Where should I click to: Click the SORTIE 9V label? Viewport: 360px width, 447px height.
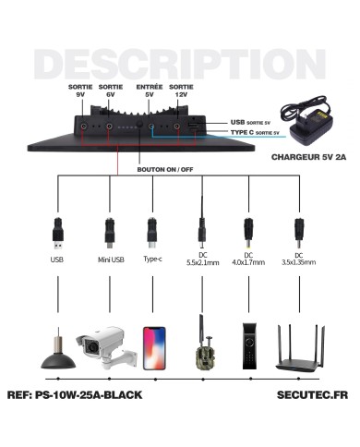(x=80, y=91)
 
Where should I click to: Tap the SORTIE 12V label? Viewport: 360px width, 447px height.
(x=181, y=91)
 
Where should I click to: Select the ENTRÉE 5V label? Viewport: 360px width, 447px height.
(x=150, y=91)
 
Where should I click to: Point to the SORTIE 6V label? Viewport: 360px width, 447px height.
(x=111, y=91)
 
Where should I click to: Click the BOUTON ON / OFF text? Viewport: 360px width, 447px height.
(x=165, y=170)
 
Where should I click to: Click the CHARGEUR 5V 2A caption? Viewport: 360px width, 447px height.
(x=308, y=157)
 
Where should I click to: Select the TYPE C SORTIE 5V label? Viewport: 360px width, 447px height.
(x=255, y=132)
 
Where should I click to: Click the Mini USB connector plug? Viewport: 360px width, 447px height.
(x=110, y=233)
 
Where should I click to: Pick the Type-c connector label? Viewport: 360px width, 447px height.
(x=152, y=260)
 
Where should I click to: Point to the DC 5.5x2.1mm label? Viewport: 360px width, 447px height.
(x=203, y=259)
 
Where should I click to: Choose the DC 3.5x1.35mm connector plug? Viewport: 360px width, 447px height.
(x=298, y=233)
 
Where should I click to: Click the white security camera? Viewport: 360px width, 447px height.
(x=106, y=347)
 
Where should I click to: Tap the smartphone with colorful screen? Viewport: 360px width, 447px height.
(x=154, y=348)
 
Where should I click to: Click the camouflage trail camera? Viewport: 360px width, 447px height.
(x=204, y=343)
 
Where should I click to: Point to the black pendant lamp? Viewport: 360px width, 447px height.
(x=58, y=351)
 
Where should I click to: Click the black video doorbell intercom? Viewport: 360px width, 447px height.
(x=249, y=346)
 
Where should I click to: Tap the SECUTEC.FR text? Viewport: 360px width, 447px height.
(x=312, y=395)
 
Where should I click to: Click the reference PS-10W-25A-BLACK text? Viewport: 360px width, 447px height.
(x=75, y=395)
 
